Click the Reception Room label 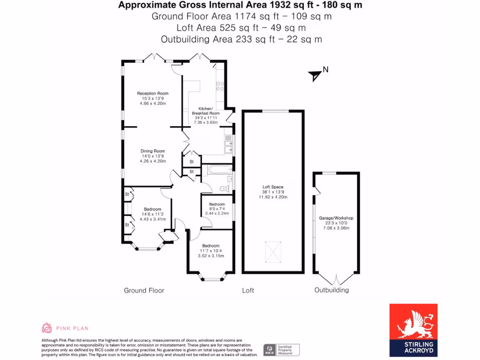152,93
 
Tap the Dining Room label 152,151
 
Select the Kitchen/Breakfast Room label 206,111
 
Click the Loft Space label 273,187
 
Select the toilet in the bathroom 224,188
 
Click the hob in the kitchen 219,86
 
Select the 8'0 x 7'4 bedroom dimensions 217,214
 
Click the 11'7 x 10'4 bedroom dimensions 211,256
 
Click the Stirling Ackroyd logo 413,330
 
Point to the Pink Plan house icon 46,328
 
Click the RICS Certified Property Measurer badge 281,350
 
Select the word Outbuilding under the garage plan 331,290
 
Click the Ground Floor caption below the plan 144,291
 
